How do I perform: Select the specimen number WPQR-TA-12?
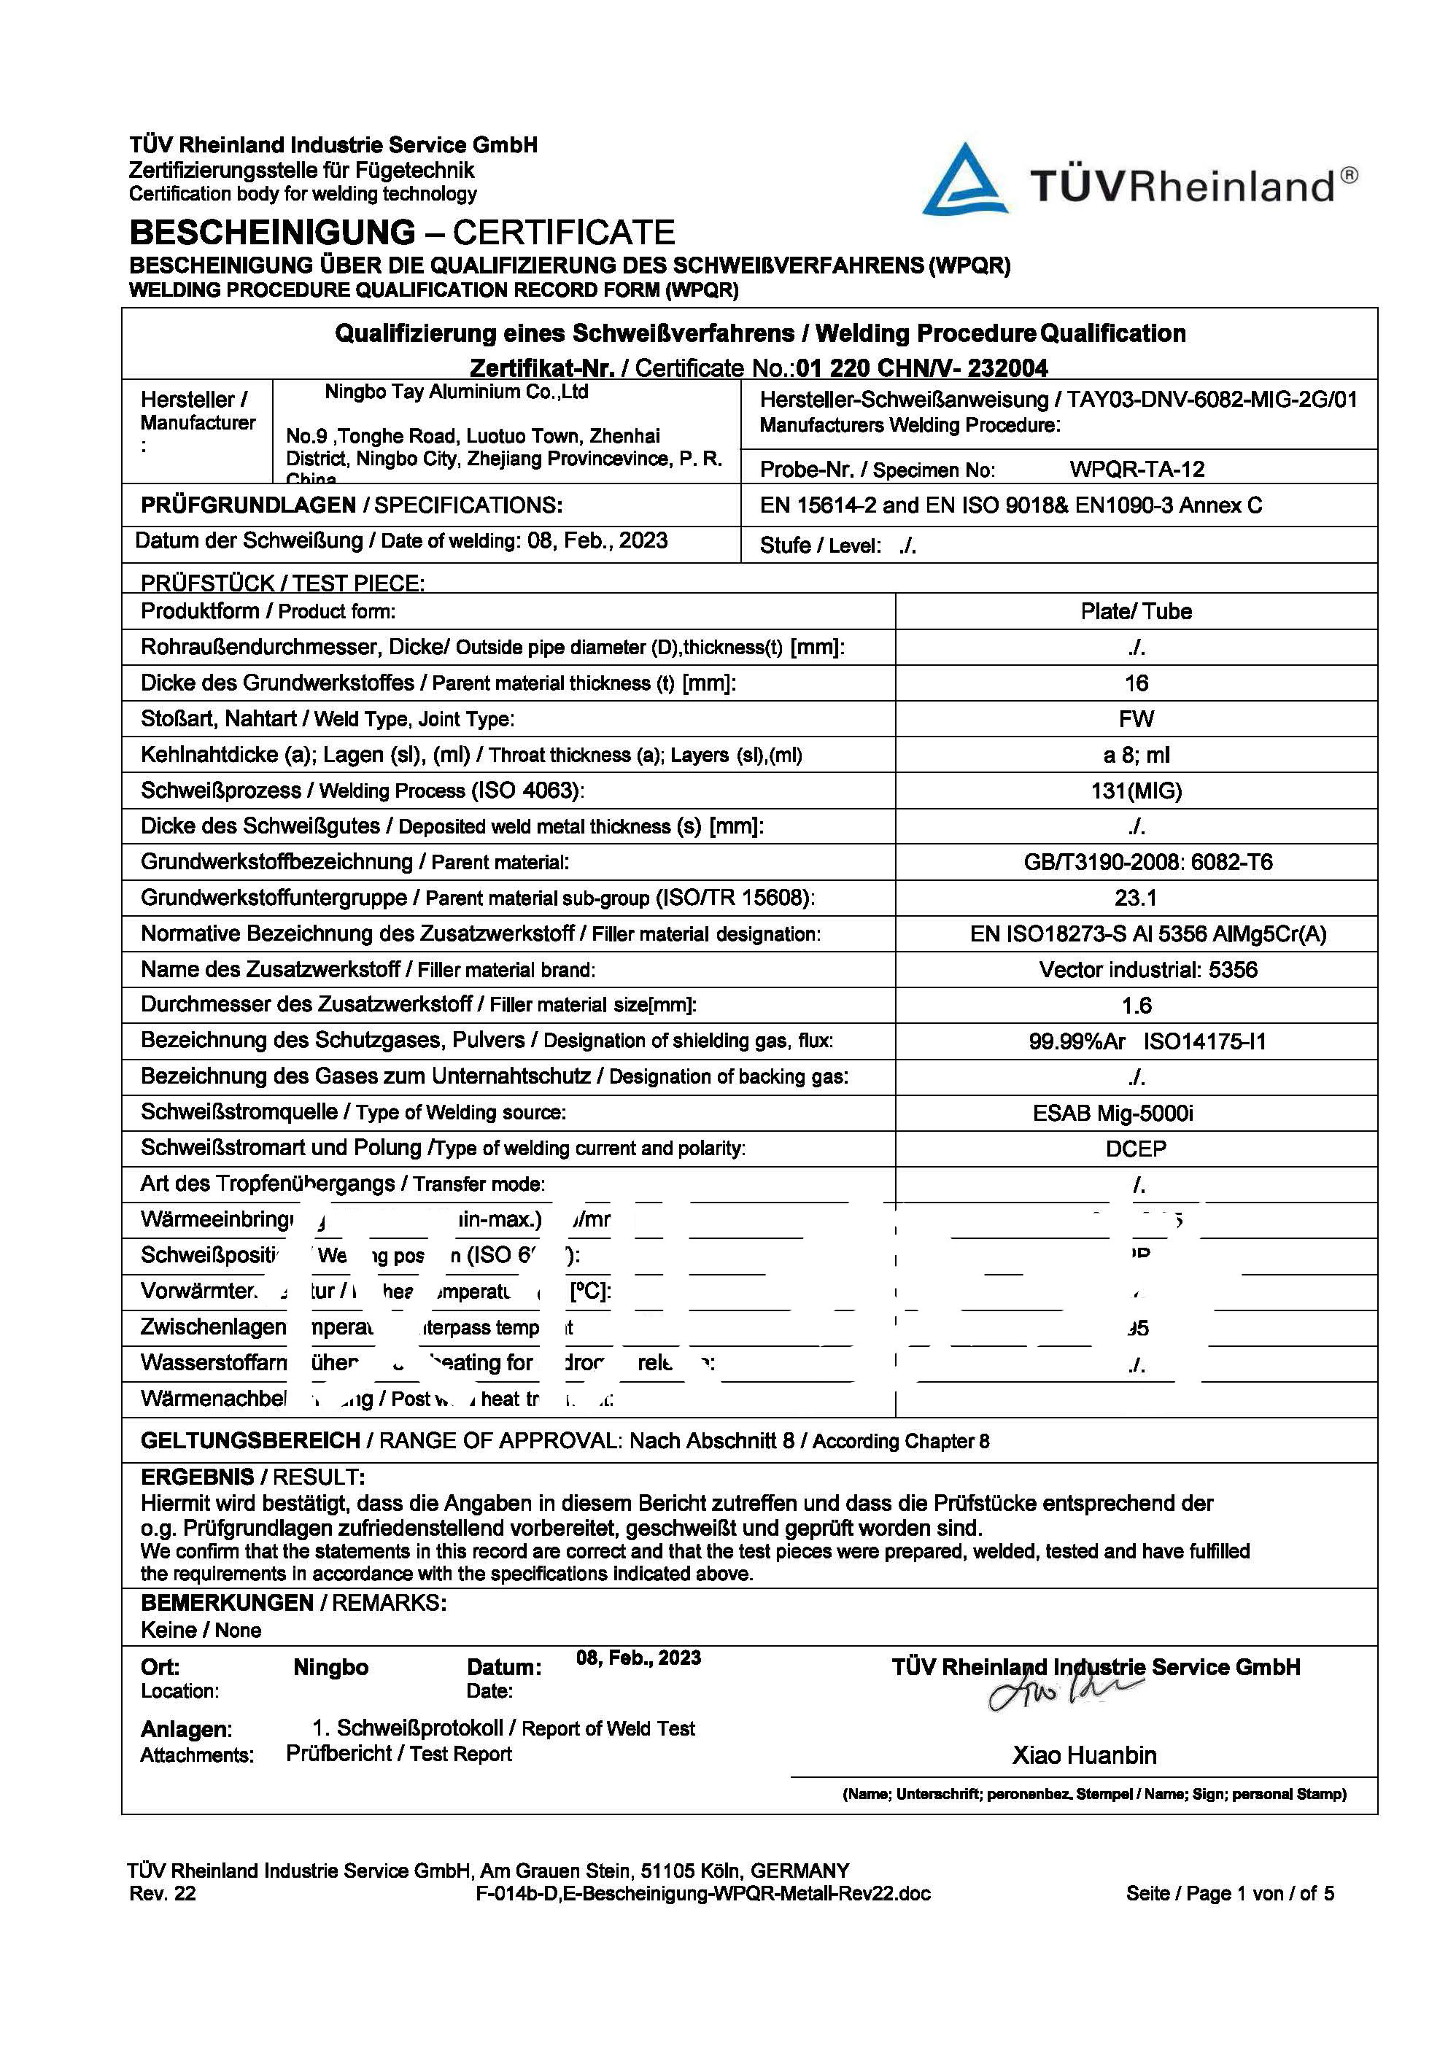1137,469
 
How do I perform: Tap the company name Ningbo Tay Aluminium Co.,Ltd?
456,392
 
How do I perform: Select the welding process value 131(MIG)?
1136,791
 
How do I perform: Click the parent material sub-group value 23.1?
1136,898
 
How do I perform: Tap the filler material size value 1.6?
1136,1006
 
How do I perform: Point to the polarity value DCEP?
1136,1149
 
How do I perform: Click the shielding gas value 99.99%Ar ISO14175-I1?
1147,1041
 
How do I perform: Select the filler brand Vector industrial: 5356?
1147,970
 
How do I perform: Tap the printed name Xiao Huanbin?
1084,1755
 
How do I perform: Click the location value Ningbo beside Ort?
330,1667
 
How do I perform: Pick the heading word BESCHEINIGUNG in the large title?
272,233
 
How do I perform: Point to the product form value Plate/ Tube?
1136,612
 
